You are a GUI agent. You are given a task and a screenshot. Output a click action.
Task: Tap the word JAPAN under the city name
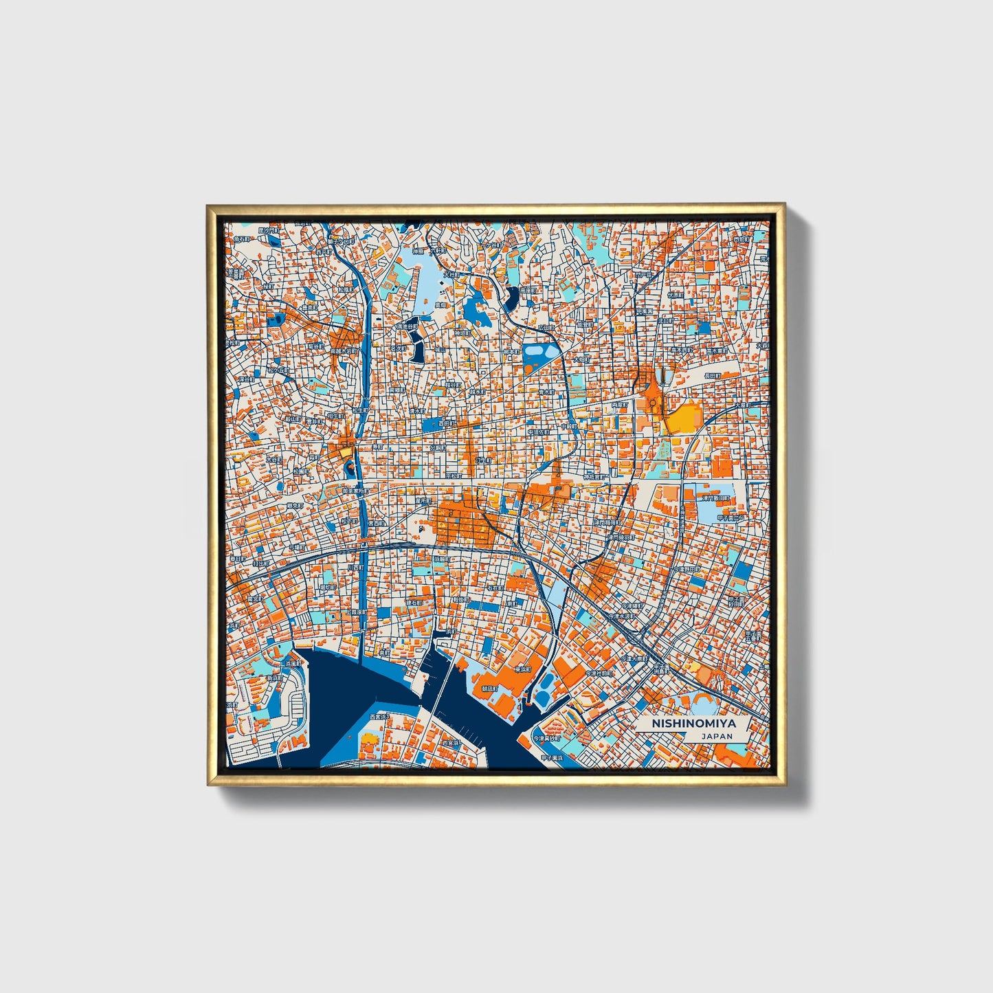[717, 736]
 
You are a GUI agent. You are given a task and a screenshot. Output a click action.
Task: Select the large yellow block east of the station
[684, 417]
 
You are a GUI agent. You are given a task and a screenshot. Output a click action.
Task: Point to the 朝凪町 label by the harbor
[490, 689]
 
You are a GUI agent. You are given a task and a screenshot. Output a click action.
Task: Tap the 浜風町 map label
[293, 665]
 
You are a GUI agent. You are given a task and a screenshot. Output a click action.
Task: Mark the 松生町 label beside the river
[360, 410]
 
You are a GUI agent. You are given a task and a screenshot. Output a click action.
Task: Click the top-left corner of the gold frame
[208, 205]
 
